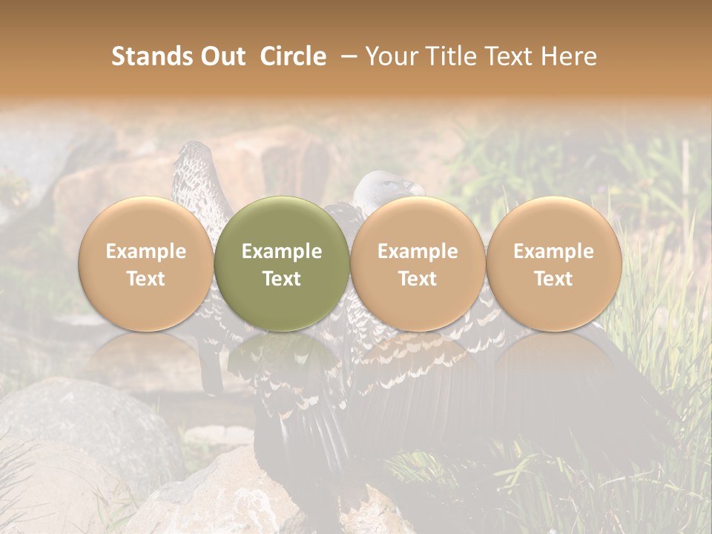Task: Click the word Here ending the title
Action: pos(571,56)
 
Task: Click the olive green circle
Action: pos(282,263)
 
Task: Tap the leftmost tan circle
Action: pos(146,263)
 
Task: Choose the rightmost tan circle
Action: pos(554,263)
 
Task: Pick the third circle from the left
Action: pos(418,263)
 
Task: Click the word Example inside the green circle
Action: pos(282,251)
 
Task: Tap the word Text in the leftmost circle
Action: pos(146,279)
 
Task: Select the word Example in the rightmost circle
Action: pos(554,251)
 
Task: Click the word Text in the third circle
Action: pos(418,279)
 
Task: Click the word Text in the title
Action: pos(509,56)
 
